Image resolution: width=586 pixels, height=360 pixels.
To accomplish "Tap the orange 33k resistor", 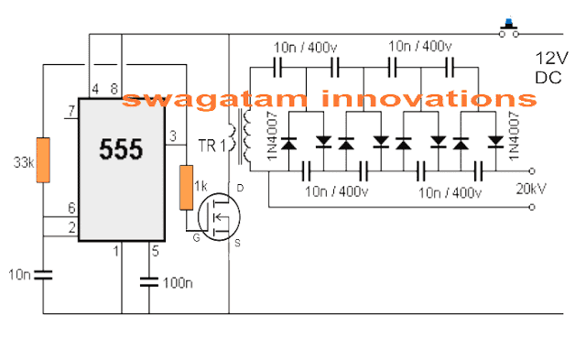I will pyautogui.click(x=42, y=159).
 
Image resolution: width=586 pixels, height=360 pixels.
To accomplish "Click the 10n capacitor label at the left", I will pyautogui.click(x=19, y=273).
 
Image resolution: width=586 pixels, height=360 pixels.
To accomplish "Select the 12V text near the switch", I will pyautogui.click(x=553, y=59).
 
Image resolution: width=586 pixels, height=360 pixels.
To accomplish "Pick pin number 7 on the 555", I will pyautogui.click(x=70, y=113).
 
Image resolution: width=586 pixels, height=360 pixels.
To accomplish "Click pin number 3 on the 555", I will pyautogui.click(x=174, y=137).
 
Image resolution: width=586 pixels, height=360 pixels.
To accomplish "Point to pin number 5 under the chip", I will pyautogui.click(x=155, y=250).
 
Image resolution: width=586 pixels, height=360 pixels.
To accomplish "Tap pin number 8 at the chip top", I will pyautogui.click(x=114, y=89).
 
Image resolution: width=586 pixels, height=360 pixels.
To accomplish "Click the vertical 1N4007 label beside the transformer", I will pyautogui.click(x=271, y=139).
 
